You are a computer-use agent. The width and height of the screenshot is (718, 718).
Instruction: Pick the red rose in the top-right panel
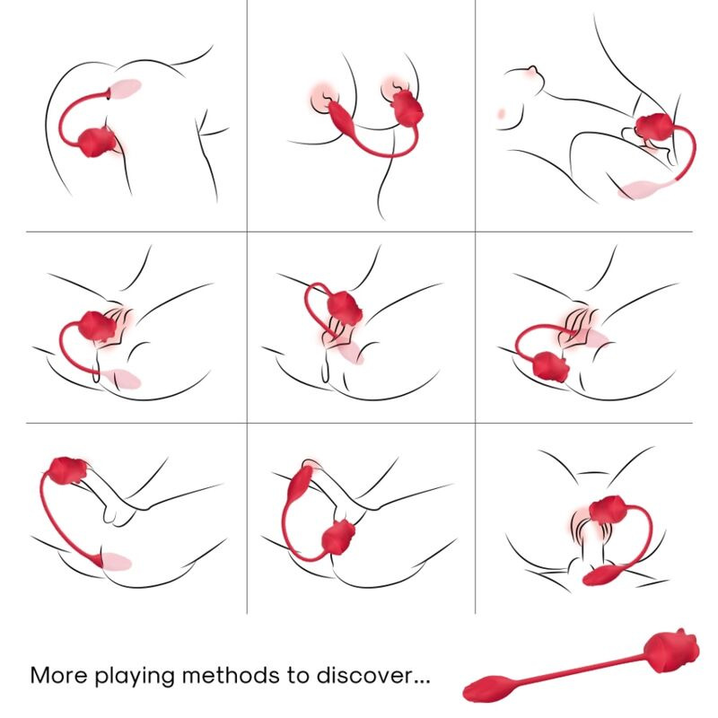(654, 131)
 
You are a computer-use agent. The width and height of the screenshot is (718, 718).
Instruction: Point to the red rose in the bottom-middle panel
(337, 538)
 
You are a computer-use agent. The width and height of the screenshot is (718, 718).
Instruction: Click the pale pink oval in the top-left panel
(126, 88)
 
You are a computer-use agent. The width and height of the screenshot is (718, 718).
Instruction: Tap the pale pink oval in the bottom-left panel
(117, 563)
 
